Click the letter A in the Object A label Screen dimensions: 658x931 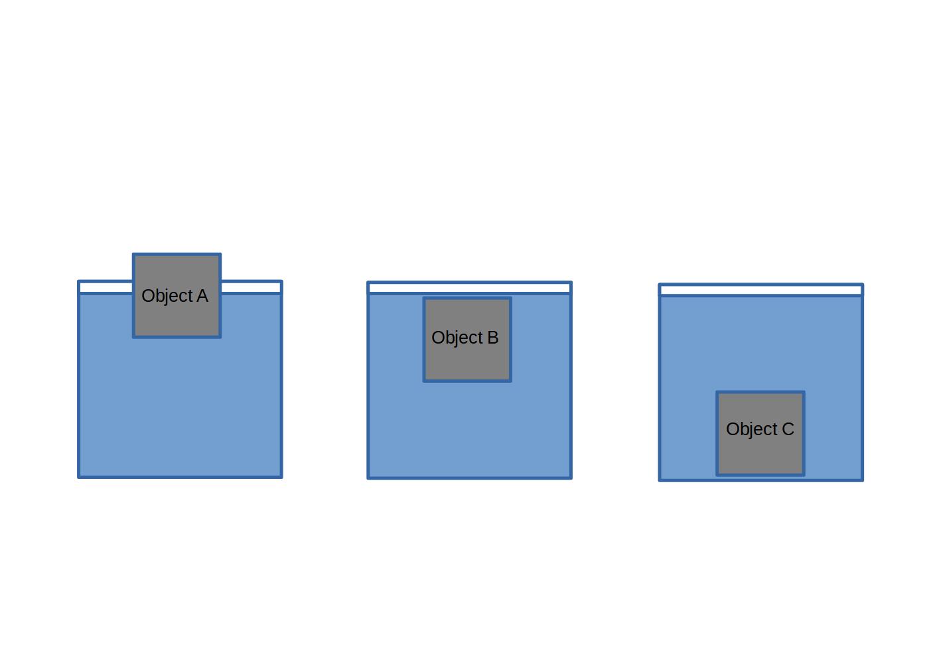tap(202, 296)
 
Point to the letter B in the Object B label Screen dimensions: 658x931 tap(492, 338)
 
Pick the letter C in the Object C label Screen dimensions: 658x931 tap(788, 429)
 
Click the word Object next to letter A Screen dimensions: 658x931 tap(167, 296)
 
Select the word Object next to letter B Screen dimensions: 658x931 tap(457, 338)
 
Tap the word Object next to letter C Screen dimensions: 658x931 tap(751, 429)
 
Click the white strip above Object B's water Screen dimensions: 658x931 tap(469, 288)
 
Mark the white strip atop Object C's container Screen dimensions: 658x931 tap(760, 290)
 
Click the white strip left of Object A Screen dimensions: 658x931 tap(106, 287)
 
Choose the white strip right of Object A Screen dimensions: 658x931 tap(251, 287)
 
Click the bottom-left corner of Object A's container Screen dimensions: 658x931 tap(80, 476)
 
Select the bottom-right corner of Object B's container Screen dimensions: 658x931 tap(570, 477)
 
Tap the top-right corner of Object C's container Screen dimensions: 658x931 tap(861, 285)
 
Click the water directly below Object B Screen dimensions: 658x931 tap(467, 428)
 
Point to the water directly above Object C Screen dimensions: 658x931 tap(760, 345)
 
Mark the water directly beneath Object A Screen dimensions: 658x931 tap(177, 405)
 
